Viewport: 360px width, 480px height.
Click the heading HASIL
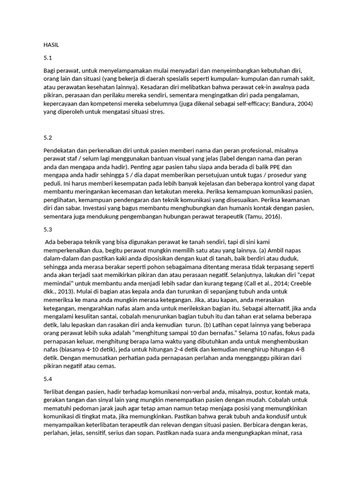[x=51, y=45]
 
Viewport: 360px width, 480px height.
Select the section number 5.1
[x=47, y=58]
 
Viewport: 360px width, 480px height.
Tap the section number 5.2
[x=47, y=138]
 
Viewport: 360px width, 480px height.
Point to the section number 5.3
[x=47, y=229]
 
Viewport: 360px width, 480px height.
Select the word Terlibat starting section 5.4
[x=54, y=391]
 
